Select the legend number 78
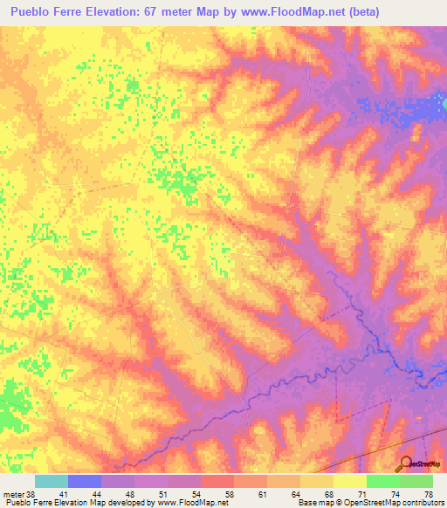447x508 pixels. [x=427, y=493]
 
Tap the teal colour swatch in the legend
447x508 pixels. [x=52, y=481]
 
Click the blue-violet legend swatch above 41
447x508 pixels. [x=85, y=481]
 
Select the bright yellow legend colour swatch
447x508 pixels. [x=350, y=481]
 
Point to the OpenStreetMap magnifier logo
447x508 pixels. [x=406, y=463]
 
